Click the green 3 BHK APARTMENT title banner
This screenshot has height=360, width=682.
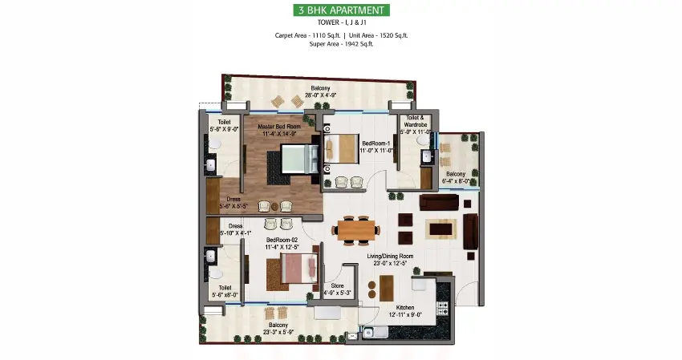coord(340,10)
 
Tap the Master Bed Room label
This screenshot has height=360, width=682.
coord(279,127)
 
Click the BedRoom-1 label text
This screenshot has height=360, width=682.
coord(376,144)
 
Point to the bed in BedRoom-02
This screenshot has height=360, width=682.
coord(298,270)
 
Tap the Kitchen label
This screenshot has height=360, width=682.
coord(405,308)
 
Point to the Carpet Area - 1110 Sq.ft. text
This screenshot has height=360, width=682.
coord(306,34)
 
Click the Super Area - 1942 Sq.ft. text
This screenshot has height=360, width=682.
coord(340,44)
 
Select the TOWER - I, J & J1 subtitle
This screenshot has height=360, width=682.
coord(340,23)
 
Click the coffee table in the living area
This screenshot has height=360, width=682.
coord(441,229)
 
